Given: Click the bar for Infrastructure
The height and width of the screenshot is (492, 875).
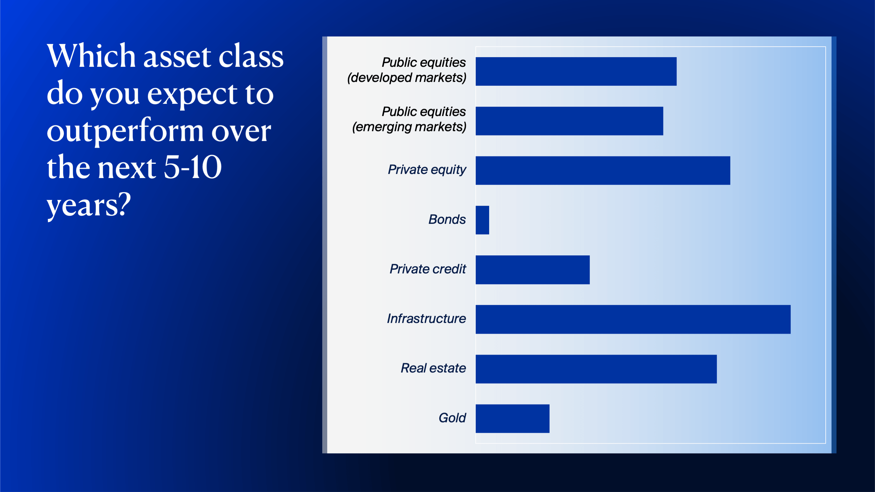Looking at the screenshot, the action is click(633, 319).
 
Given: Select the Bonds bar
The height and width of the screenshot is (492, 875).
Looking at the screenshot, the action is click(482, 220).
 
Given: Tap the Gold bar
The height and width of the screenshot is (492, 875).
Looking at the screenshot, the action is click(512, 418).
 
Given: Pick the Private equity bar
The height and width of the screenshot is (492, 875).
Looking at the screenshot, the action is click(603, 170).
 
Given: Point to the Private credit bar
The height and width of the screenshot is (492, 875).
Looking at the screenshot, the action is click(532, 270).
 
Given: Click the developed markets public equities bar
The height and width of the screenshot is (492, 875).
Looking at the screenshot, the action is click(576, 71).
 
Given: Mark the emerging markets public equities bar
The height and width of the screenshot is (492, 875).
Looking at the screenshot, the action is click(569, 121).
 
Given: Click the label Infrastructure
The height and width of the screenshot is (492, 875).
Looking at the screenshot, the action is click(426, 318).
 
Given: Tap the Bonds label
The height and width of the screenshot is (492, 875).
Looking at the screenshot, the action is click(447, 219).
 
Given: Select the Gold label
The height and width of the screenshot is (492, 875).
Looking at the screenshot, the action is click(452, 418).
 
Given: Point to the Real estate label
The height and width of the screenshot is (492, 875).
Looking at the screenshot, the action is click(433, 368).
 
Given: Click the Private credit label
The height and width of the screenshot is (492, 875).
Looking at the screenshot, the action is click(428, 269).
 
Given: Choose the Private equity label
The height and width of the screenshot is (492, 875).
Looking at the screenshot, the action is click(427, 170).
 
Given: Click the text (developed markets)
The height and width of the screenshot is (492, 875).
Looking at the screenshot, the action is click(407, 78).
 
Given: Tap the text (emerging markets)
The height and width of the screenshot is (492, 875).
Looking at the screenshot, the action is click(409, 127).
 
